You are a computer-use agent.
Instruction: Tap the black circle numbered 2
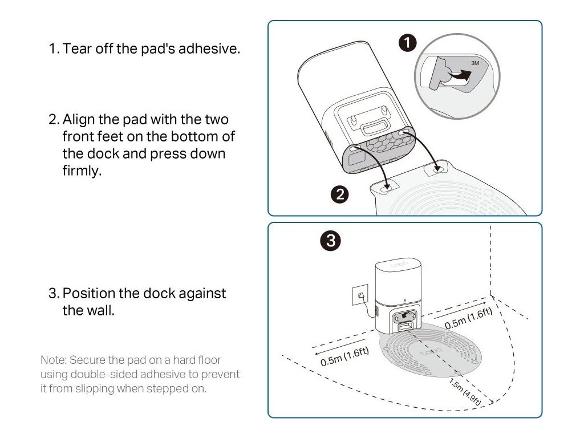click(340, 194)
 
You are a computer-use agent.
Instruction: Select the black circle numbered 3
click(331, 241)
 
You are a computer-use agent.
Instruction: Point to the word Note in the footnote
click(51, 360)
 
